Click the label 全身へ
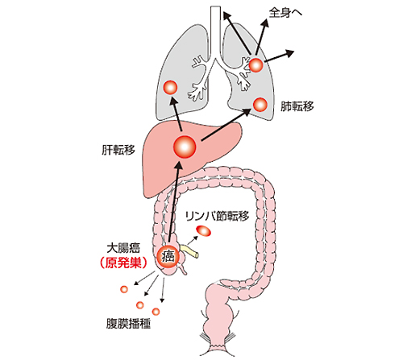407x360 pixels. pyautogui.click(x=285, y=13)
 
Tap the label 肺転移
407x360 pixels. pyautogui.click(x=297, y=106)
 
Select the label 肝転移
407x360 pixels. pyautogui.click(x=118, y=150)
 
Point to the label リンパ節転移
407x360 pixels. pyautogui.click(x=217, y=216)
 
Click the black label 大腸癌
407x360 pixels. pyautogui.click(x=123, y=248)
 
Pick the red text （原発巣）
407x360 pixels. pyautogui.click(x=123, y=263)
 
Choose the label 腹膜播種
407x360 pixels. pyautogui.click(x=128, y=324)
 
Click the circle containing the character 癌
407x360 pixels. pyautogui.click(x=168, y=257)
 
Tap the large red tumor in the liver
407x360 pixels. pyautogui.click(x=185, y=147)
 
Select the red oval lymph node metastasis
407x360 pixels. pyautogui.click(x=204, y=231)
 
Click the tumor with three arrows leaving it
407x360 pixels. pyautogui.click(x=255, y=64)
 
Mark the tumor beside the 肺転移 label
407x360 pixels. pyautogui.click(x=260, y=104)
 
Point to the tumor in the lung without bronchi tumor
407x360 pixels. pyautogui.click(x=170, y=88)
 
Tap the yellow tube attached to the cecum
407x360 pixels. pyautogui.click(x=189, y=250)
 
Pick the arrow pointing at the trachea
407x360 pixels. pyautogui.click(x=237, y=32)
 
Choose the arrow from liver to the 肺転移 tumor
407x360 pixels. pyautogui.click(x=226, y=125)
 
